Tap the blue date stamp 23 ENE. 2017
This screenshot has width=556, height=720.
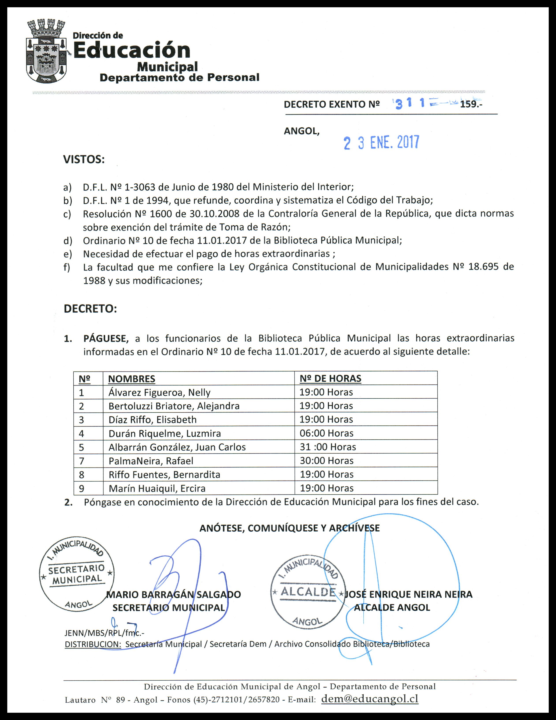(381, 143)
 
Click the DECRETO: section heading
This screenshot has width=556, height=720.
(90, 309)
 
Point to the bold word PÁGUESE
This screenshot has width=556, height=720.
(106, 339)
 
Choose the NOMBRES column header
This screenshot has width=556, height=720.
(131, 379)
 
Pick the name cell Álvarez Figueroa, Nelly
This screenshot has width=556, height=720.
(159, 392)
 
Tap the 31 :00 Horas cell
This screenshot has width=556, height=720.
(328, 447)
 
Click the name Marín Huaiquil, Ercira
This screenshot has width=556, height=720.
(157, 488)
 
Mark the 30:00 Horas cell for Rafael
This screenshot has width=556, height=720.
(326, 460)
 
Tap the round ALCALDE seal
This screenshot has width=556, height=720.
(308, 592)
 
